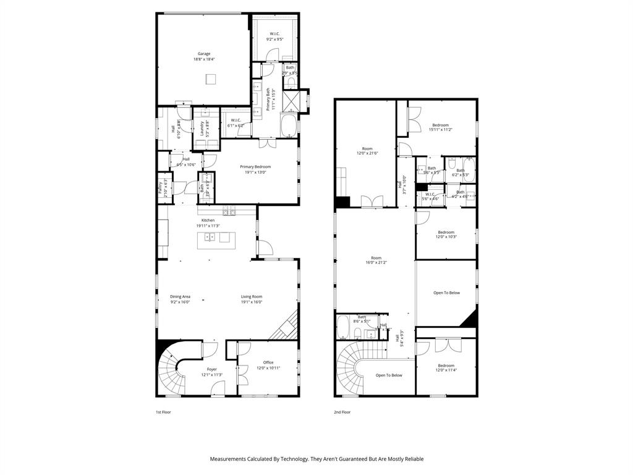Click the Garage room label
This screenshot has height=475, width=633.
(x=204, y=54)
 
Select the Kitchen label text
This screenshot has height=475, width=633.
(x=208, y=220)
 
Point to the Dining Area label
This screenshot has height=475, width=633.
(x=180, y=297)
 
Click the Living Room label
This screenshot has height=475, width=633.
(x=252, y=297)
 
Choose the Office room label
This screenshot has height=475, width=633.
(x=268, y=362)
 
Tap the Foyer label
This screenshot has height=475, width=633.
(x=211, y=369)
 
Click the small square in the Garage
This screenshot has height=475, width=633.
(x=211, y=79)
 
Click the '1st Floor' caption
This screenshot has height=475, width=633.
(x=163, y=412)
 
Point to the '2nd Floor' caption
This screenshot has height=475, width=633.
(x=342, y=412)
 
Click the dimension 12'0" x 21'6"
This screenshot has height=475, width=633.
(x=367, y=153)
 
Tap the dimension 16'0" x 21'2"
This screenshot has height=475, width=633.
(x=376, y=262)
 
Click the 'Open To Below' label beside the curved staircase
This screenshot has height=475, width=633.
(x=389, y=375)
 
